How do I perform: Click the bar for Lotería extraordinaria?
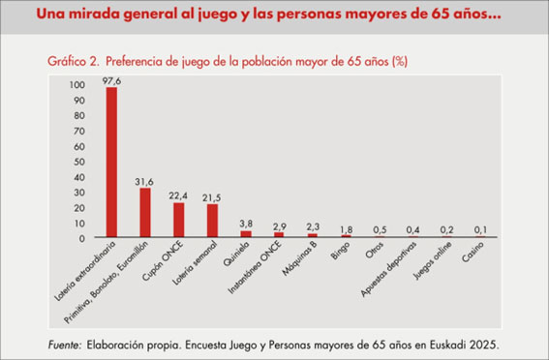[111, 162]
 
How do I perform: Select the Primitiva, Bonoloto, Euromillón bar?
[145, 212]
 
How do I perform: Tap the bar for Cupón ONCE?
[179, 220]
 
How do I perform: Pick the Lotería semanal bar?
[212, 221]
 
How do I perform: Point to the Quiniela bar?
[246, 234]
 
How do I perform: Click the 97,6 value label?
[111, 81]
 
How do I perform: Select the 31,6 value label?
[144, 182]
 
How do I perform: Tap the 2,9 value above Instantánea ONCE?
[280, 225]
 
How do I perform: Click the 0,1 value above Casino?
[480, 230]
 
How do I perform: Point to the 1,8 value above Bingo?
[347, 230]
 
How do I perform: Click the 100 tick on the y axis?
[77, 85]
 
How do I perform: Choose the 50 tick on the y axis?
[79, 162]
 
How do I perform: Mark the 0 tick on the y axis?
[82, 239]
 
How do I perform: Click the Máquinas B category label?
[300, 257]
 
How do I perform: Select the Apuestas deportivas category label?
[388, 269]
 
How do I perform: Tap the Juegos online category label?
[433, 260]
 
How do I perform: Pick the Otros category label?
[375, 250]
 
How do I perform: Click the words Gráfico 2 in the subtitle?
[72, 62]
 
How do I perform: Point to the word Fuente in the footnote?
[65, 345]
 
